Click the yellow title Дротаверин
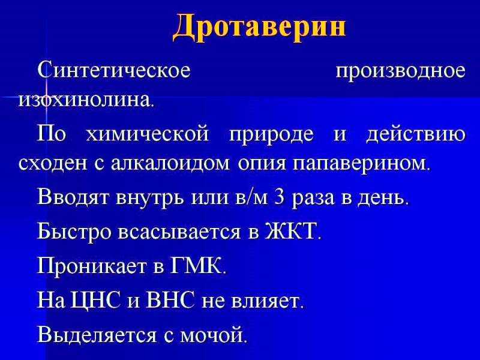[x=259, y=27]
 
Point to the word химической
[x=147, y=134]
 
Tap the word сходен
[x=53, y=163]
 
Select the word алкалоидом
[x=170, y=163]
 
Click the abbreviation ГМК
[x=196, y=265]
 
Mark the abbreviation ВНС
[x=170, y=299]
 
